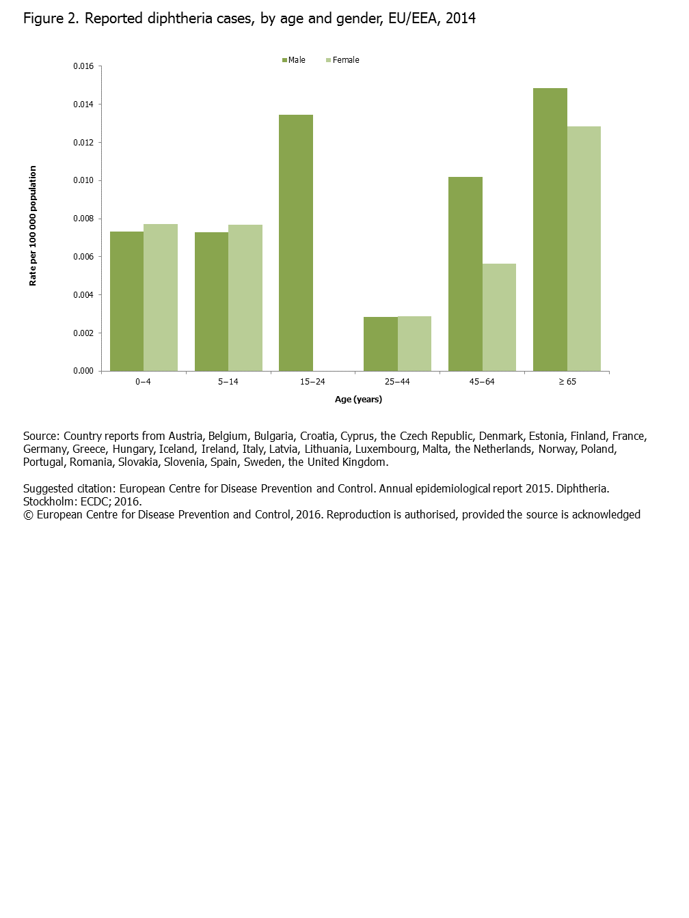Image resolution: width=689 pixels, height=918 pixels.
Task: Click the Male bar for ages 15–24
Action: tap(296, 242)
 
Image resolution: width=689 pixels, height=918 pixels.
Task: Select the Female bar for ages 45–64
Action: tap(499, 317)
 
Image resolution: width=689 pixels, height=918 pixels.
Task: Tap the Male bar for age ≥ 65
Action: tap(550, 229)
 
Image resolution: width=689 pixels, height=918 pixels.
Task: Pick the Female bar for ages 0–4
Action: tap(161, 297)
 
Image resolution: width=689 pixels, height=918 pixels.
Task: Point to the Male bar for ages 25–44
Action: tap(381, 344)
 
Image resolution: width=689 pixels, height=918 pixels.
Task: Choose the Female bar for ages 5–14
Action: tap(245, 298)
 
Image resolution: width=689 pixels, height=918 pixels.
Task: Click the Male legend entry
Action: tap(294, 60)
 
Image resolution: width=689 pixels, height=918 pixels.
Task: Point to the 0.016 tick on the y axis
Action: tap(83, 66)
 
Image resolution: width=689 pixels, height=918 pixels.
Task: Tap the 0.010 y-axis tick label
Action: tap(83, 180)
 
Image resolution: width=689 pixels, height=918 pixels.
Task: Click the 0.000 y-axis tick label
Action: tap(83, 371)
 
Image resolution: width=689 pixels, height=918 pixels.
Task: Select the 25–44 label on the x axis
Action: tap(397, 382)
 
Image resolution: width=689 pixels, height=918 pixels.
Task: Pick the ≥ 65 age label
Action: tap(567, 382)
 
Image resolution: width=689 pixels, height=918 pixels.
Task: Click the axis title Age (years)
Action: tap(358, 400)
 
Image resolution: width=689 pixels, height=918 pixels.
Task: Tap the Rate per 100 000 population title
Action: tap(33, 225)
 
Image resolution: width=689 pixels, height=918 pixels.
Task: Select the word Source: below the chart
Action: tap(42, 436)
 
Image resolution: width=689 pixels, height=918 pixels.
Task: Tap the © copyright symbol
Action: tap(28, 515)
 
